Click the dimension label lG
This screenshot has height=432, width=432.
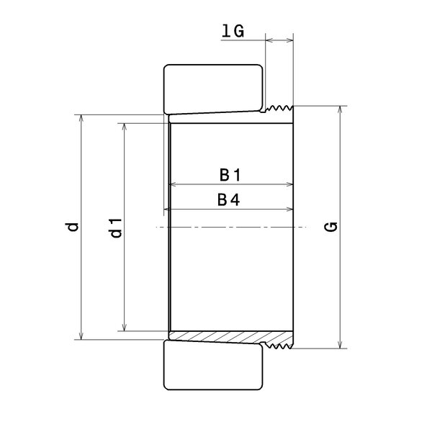tap(233, 30)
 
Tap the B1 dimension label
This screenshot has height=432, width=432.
tap(230, 175)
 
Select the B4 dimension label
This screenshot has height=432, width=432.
tap(229, 199)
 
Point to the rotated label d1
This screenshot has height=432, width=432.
tap(116, 228)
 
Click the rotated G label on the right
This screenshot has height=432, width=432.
tap(331, 227)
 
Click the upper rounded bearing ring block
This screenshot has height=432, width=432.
tap(213, 89)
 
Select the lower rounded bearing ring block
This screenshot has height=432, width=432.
tap(213, 365)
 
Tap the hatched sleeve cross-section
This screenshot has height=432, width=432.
tap(230, 338)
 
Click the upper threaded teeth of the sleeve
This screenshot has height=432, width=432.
tap(278, 108)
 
